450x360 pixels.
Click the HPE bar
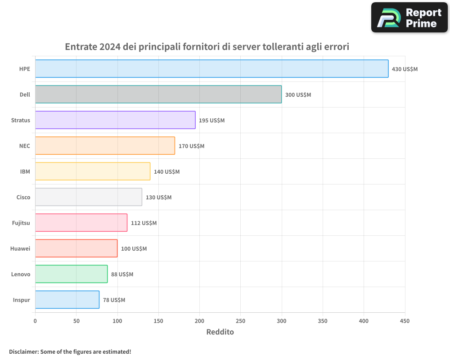point(211,69)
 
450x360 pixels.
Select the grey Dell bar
point(158,94)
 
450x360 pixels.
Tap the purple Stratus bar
point(115,120)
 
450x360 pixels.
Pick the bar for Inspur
point(67,300)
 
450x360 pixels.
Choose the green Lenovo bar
point(71,274)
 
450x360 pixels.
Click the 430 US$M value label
point(405,69)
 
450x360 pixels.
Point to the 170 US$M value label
point(191,146)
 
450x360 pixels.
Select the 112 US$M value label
point(144,223)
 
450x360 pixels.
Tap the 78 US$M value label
point(114,300)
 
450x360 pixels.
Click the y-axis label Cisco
point(23,198)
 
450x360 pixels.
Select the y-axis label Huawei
point(20,249)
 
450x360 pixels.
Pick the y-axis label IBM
point(25,172)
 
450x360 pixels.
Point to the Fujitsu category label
point(21,223)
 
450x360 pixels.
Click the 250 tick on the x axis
point(240,321)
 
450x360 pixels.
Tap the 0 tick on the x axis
point(35,321)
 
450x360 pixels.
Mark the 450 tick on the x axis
point(405,321)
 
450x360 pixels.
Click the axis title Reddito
point(220,332)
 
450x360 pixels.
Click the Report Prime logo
point(409,18)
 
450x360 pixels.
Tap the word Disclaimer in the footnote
point(23,352)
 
